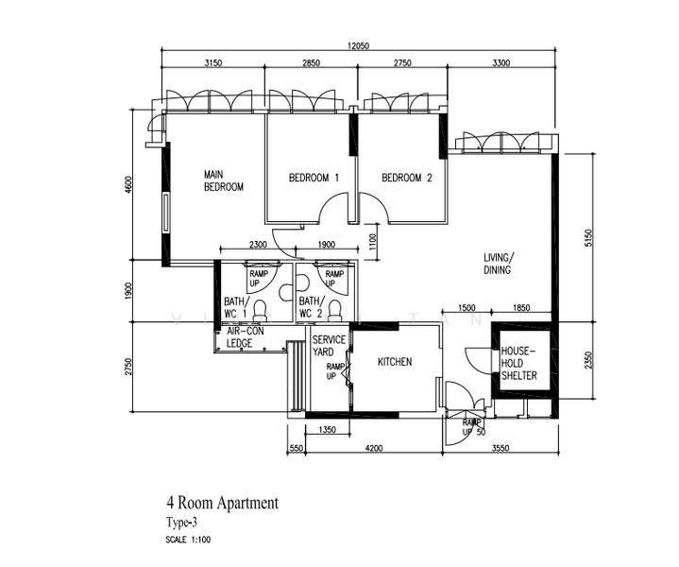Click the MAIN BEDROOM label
pyautogui.click(x=224, y=180)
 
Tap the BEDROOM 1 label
pyautogui.click(x=314, y=178)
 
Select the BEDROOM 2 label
pyautogui.click(x=407, y=178)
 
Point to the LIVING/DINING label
pyautogui.click(x=499, y=264)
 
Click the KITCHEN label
pyautogui.click(x=395, y=362)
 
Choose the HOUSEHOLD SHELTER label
pyautogui.click(x=519, y=363)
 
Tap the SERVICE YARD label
pyautogui.click(x=329, y=346)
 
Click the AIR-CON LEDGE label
pyautogui.click(x=246, y=337)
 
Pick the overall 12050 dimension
pyautogui.click(x=358, y=45)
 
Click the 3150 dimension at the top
pyautogui.click(x=213, y=63)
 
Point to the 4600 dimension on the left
pyautogui.click(x=127, y=185)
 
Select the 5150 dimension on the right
pyautogui.click(x=587, y=238)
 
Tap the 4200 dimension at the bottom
pyautogui.click(x=374, y=448)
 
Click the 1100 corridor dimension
pyautogui.click(x=373, y=242)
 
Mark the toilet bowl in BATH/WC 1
pyautogui.click(x=260, y=311)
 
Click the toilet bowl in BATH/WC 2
pyautogui.click(x=334, y=311)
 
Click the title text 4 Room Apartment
pyautogui.click(x=223, y=504)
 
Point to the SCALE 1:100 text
pyautogui.click(x=188, y=541)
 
